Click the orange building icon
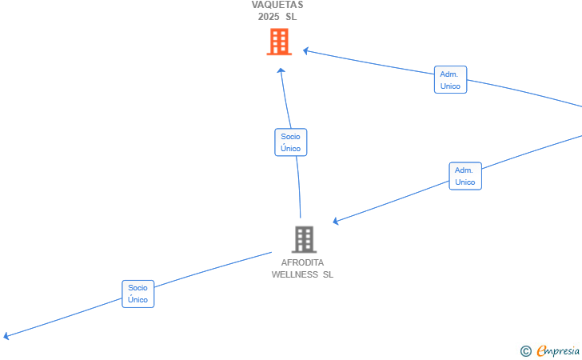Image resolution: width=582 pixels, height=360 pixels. coord(279,42)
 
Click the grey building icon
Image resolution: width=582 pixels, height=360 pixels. coord(304,239)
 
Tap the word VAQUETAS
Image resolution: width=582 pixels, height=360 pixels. coord(277,5)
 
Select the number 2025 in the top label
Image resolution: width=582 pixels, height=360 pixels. coord(269,17)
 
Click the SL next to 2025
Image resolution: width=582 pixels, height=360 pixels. coord(291,17)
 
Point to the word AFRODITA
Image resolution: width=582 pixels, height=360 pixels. coord(302,262)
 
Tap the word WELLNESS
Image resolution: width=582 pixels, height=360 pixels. coord(295,274)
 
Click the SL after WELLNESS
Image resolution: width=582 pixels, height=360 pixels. coord(328,274)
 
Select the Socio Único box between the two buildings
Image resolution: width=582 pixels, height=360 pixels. coord(291,142)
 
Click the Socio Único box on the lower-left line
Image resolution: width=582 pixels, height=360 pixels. coord(138,294)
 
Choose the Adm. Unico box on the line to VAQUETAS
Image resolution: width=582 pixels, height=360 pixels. coord(451,79)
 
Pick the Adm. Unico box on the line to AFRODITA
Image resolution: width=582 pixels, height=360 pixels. coord(465,176)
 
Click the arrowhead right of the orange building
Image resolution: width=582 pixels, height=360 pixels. coord(306,51)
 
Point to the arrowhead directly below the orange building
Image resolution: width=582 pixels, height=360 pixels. coord(281,70)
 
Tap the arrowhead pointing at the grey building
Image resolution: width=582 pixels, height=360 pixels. coord(336,221)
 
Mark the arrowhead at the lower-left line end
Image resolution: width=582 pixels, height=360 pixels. coord(6,336)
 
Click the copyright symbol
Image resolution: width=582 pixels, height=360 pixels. coord(525,351)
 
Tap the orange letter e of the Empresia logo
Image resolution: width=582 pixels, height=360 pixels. coord(541,350)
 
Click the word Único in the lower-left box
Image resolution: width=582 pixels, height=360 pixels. coord(138,299)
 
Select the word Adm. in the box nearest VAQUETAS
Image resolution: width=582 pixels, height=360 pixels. coord(449,74)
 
